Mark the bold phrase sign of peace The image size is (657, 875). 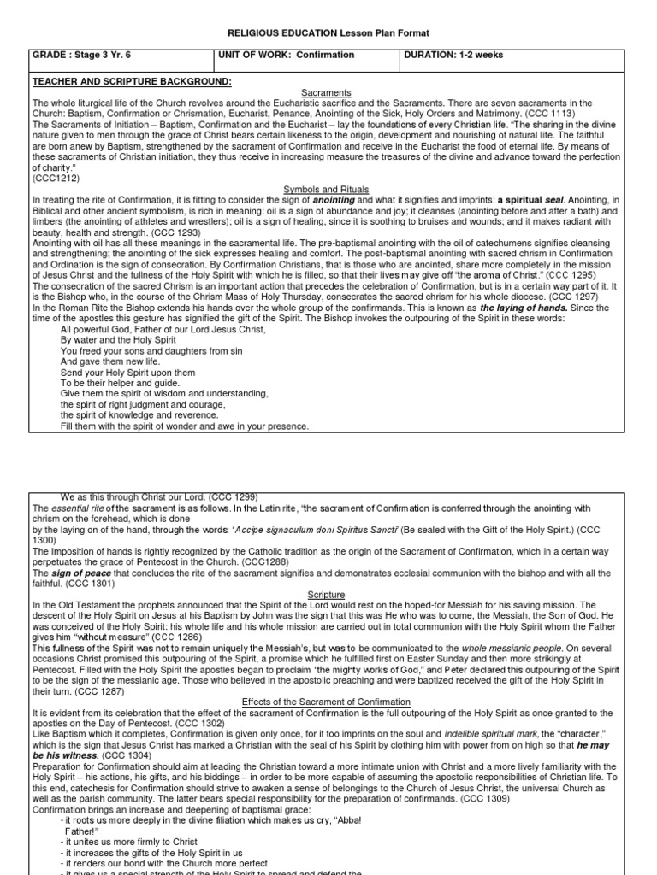point(76,573)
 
